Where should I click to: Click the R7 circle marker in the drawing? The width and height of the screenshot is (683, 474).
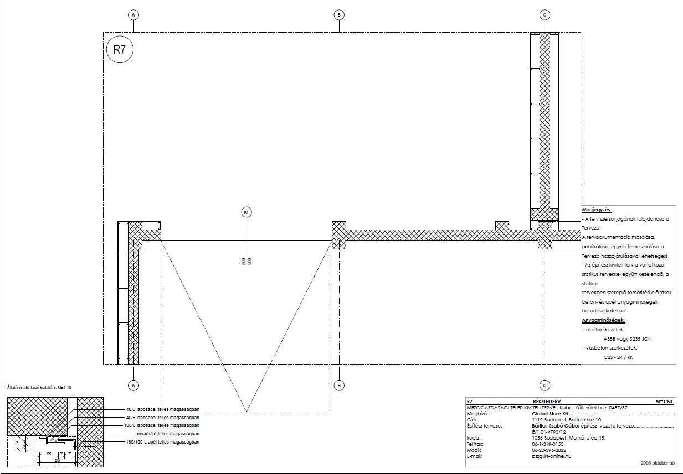click(x=120, y=49)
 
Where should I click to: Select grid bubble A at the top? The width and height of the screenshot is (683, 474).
click(x=133, y=14)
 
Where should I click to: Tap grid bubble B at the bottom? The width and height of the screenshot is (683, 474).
click(x=339, y=384)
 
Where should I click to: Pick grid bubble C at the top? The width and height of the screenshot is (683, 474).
click(x=545, y=14)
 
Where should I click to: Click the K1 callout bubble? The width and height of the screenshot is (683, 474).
click(x=246, y=211)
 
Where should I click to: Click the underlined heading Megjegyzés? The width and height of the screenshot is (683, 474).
click(x=597, y=210)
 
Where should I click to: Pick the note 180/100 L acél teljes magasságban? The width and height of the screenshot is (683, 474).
click(x=162, y=442)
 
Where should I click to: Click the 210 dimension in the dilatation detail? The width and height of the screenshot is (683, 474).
click(x=57, y=460)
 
